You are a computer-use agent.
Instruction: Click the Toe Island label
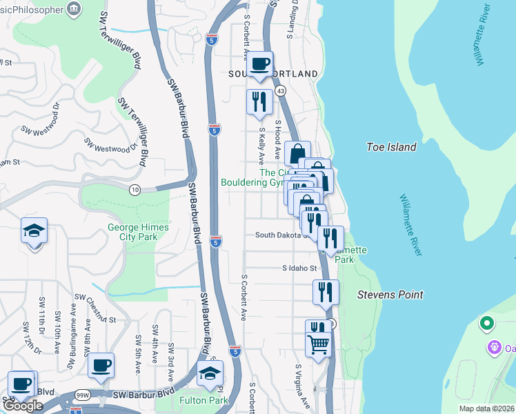(x=391, y=147)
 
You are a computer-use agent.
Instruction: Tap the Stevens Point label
(x=390, y=295)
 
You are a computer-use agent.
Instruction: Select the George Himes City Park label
(x=132, y=232)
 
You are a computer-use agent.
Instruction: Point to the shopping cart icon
(x=318, y=344)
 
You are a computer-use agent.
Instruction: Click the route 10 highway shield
(x=135, y=190)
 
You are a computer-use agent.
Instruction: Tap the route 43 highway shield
(x=280, y=90)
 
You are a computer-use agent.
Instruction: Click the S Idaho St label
(x=299, y=268)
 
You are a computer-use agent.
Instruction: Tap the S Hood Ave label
(x=277, y=141)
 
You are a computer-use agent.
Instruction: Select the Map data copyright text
(x=486, y=408)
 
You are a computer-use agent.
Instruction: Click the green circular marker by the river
(x=487, y=322)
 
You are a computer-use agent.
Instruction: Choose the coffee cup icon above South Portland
(x=260, y=64)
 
